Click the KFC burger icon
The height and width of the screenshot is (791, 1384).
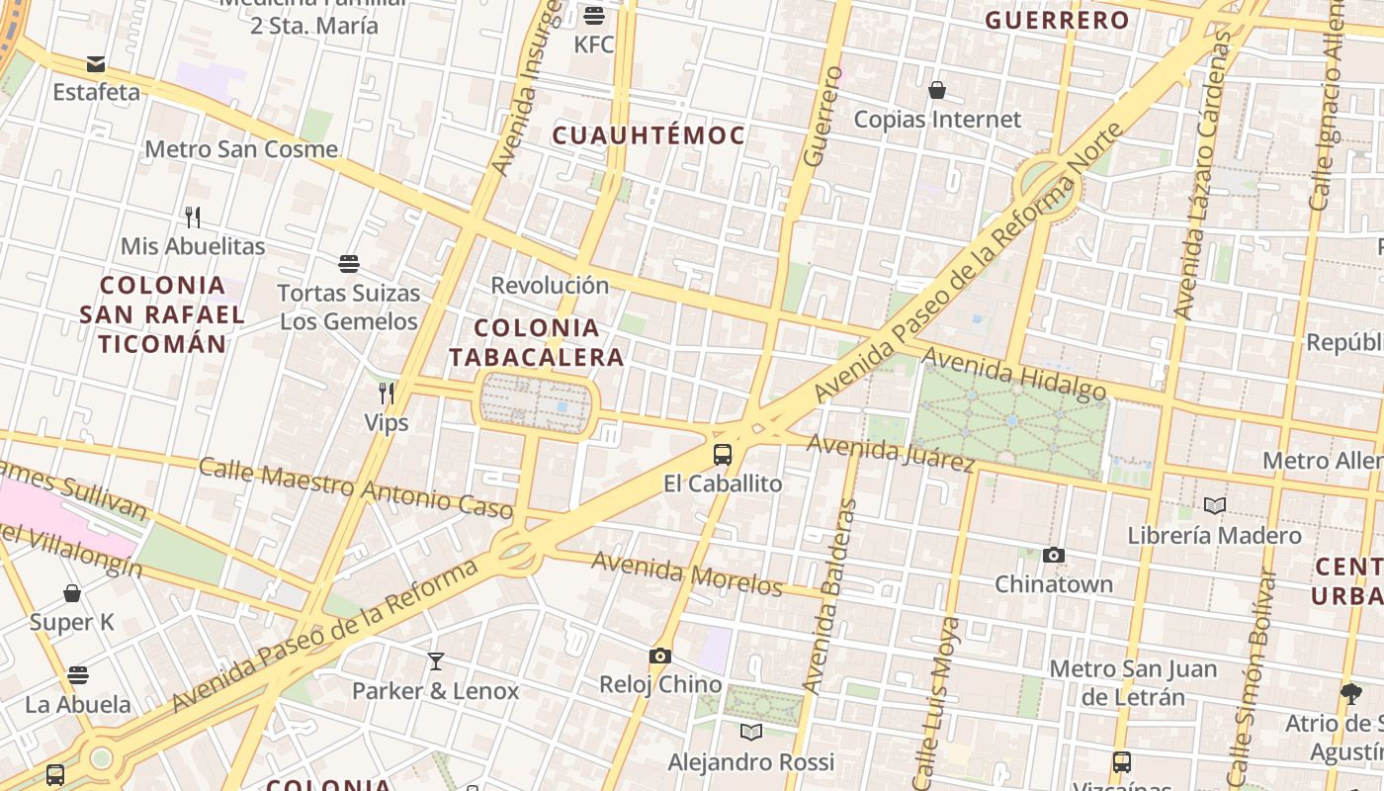(594, 15)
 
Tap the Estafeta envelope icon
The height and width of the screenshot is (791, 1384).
(96, 64)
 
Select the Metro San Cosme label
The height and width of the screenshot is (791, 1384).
(241, 149)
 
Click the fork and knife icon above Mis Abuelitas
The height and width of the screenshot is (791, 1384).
(193, 217)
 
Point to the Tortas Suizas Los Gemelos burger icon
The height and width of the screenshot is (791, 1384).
(348, 264)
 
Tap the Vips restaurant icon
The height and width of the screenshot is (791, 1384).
(387, 394)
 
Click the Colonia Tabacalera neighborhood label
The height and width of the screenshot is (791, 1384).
(537, 342)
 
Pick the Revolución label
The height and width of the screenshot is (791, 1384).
(550, 286)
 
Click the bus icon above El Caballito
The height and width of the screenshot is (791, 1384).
(723, 455)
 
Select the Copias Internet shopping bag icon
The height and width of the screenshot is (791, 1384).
(937, 91)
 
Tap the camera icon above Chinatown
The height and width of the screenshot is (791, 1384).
(1054, 556)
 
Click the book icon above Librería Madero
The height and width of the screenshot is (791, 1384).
(1215, 506)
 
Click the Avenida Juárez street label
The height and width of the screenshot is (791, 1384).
(891, 452)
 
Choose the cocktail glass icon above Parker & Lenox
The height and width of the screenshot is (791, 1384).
(435, 661)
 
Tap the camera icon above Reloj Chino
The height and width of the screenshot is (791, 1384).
(660, 657)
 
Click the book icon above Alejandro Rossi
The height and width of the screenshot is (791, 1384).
(751, 733)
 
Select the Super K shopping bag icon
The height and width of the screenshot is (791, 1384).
(72, 593)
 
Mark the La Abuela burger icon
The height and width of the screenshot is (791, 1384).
(78, 675)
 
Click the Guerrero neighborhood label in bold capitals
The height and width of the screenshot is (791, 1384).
(1057, 20)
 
